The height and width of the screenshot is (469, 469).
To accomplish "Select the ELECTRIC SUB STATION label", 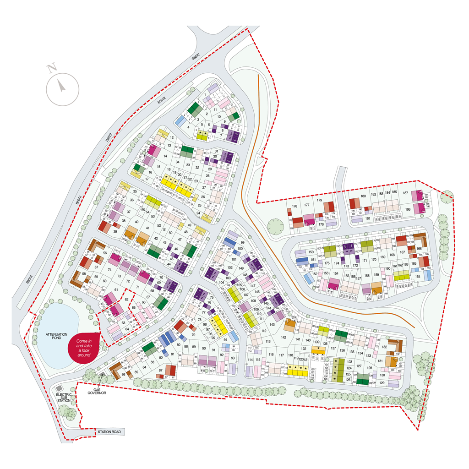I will coord(64,397).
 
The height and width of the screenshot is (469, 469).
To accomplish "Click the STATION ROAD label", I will coord(109,431).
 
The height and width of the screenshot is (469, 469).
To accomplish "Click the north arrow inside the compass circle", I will coord(62,86).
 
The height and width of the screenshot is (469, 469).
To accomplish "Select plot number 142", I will coord(284,337).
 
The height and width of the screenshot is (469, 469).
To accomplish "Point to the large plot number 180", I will coord(363,196).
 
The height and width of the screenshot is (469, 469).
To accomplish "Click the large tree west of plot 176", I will coord(276,226).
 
